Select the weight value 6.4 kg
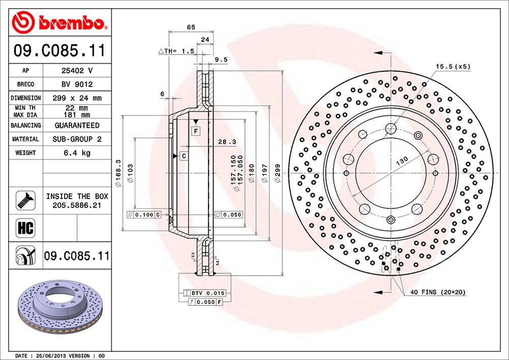[x=77, y=153]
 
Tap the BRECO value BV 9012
[x=77, y=85]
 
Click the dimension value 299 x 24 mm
[x=77, y=98]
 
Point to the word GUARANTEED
[x=77, y=125]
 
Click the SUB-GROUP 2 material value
[x=77, y=139]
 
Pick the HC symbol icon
[x=25, y=228]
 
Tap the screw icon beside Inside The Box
[x=25, y=200]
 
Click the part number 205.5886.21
[x=77, y=205]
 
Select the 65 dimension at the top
[x=191, y=27]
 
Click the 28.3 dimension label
[x=227, y=142]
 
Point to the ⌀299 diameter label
[x=277, y=173]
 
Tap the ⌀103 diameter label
[x=130, y=173]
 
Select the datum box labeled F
[x=196, y=131]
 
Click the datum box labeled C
[x=184, y=156]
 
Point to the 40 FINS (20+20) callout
[x=438, y=292]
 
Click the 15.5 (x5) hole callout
[x=453, y=67]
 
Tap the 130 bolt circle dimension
[x=402, y=161]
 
